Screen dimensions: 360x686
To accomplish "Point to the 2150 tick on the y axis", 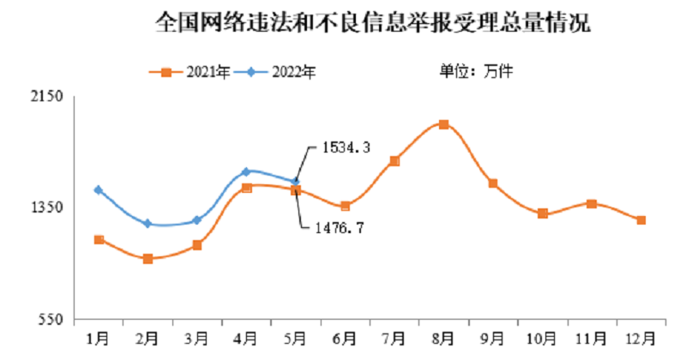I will (x=50, y=99).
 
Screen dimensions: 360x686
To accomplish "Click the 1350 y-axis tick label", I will (x=50, y=207).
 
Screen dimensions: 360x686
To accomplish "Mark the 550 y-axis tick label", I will (x=53, y=320).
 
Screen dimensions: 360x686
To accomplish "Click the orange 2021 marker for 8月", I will (x=443, y=125).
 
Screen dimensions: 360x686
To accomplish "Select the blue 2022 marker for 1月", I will (x=99, y=190).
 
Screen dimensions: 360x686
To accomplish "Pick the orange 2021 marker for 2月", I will (x=148, y=259).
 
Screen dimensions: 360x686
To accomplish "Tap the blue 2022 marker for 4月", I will (x=247, y=172).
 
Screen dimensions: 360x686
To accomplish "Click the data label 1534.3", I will (x=346, y=148).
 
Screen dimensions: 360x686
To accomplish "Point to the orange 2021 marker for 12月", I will (x=641, y=220).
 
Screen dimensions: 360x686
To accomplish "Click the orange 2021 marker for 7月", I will (x=394, y=161).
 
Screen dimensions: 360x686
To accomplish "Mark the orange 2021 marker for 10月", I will (x=542, y=213).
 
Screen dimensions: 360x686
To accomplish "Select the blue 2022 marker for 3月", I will (x=197, y=220).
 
